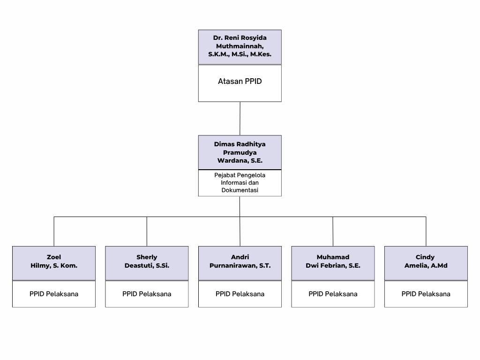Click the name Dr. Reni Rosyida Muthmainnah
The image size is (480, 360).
point(240,42)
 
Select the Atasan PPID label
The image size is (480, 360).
point(240,82)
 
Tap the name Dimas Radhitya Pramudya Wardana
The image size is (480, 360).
point(240,152)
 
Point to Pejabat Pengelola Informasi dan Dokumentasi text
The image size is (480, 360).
point(240,183)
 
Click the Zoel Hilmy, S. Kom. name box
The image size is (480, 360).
point(54,263)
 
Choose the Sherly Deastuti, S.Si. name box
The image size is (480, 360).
point(147,263)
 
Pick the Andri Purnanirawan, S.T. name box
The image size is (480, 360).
point(240,263)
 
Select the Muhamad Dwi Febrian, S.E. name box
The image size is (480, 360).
point(333,263)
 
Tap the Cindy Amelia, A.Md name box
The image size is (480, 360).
point(426,263)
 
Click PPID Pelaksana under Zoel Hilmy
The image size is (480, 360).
point(54,294)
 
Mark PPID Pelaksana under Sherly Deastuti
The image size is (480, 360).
point(147,294)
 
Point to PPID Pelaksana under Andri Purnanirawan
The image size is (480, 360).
point(240,294)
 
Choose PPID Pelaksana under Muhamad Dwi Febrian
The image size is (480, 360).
point(333,294)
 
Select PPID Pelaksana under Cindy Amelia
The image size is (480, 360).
point(426,294)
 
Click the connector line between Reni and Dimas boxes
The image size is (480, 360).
point(240,119)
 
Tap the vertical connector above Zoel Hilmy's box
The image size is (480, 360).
point(54,232)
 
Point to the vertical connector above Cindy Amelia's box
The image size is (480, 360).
point(426,232)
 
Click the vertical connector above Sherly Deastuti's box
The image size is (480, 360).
point(147,232)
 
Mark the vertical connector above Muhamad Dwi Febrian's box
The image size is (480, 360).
point(333,232)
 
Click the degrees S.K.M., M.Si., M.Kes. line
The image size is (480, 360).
point(240,54)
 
